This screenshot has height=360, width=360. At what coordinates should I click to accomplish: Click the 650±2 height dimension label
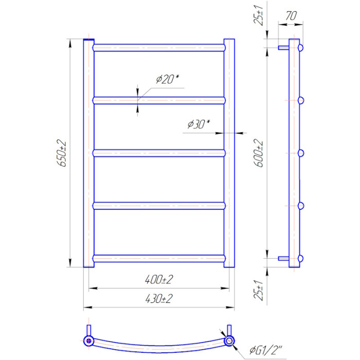tap(61, 153)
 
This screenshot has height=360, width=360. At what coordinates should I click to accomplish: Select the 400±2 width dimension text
tap(159, 279)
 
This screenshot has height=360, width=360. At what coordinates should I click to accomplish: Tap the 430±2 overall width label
tap(159, 299)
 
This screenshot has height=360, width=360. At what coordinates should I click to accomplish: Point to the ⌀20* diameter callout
tap(167, 79)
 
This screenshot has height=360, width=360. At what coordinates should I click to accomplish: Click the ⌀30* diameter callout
tap(199, 124)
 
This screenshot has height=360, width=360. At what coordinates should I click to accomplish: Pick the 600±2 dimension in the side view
tap(259, 153)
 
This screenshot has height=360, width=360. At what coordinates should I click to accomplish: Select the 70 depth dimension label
tap(291, 15)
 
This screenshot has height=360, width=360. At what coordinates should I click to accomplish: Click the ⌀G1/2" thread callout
tap(266, 350)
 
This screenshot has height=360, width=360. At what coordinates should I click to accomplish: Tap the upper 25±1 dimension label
tap(259, 14)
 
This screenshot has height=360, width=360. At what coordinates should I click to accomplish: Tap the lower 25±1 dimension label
tap(259, 290)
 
